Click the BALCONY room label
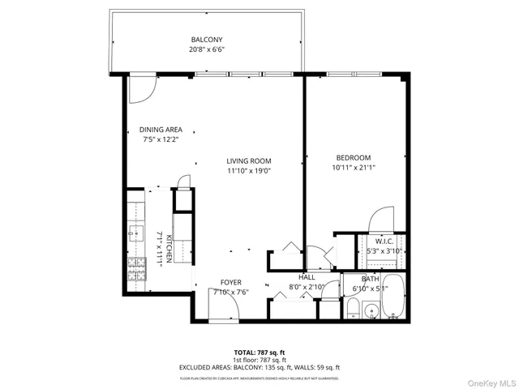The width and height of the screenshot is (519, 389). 207,40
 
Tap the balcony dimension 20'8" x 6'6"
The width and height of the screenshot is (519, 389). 207,49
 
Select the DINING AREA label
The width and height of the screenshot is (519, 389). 161,130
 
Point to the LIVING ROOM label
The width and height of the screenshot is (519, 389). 248,160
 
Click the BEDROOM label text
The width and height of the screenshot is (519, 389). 354,157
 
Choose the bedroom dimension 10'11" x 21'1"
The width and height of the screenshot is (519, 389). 354,168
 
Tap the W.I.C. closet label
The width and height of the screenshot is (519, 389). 384,241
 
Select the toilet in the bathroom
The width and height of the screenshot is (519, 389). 354,309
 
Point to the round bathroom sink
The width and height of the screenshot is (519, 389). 371,310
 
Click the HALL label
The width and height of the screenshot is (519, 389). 306,277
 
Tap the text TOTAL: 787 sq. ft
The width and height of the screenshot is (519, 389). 259,352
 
